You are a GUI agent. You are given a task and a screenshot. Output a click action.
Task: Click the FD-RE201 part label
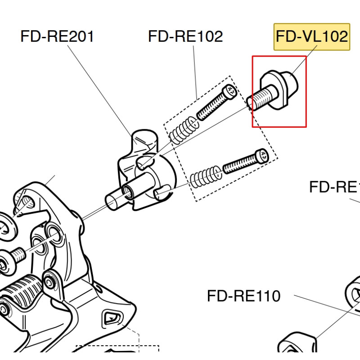(57, 36)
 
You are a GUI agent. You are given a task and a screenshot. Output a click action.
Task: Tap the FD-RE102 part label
(185, 36)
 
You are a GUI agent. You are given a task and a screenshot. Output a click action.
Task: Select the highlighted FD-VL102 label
(312, 36)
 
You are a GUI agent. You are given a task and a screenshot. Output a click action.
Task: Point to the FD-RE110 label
(243, 296)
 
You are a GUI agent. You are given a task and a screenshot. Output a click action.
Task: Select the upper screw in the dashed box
(216, 103)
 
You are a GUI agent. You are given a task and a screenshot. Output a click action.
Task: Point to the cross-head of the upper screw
(231, 91)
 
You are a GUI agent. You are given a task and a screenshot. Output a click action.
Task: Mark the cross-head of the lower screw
(262, 156)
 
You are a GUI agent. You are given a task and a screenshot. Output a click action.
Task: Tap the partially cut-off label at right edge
(335, 186)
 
